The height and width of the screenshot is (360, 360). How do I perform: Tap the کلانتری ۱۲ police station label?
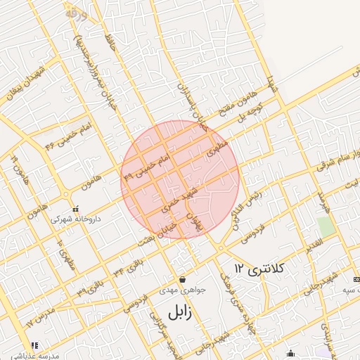click(x=258, y=269)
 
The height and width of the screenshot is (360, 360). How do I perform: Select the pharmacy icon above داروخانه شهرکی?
click(x=75, y=209)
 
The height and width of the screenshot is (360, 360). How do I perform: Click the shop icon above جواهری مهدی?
click(x=182, y=279)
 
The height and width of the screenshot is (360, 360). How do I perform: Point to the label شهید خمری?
click(x=177, y=198)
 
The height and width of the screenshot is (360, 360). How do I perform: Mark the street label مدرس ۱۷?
click(x=40, y=319)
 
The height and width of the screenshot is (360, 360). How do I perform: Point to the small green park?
click(x=325, y=227)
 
